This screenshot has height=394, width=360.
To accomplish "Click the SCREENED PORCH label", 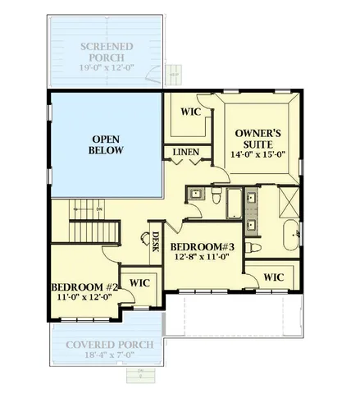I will (107, 52).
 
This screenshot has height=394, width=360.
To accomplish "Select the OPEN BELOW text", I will (107, 144).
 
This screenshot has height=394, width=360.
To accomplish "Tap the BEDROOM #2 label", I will (85, 286).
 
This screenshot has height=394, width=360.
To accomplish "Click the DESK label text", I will (156, 241).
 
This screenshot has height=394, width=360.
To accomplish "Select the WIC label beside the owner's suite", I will (191, 111).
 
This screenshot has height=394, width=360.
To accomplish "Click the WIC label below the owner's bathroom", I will (273, 277).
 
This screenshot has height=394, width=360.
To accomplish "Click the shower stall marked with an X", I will (289, 200).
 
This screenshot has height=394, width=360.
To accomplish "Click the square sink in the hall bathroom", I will (194, 195).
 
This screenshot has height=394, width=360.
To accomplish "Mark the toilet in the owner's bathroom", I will (256, 247).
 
